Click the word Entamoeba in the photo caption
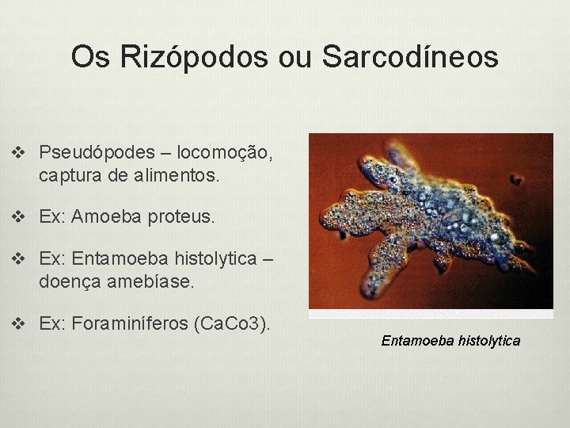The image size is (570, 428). pyautogui.click(x=416, y=341)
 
